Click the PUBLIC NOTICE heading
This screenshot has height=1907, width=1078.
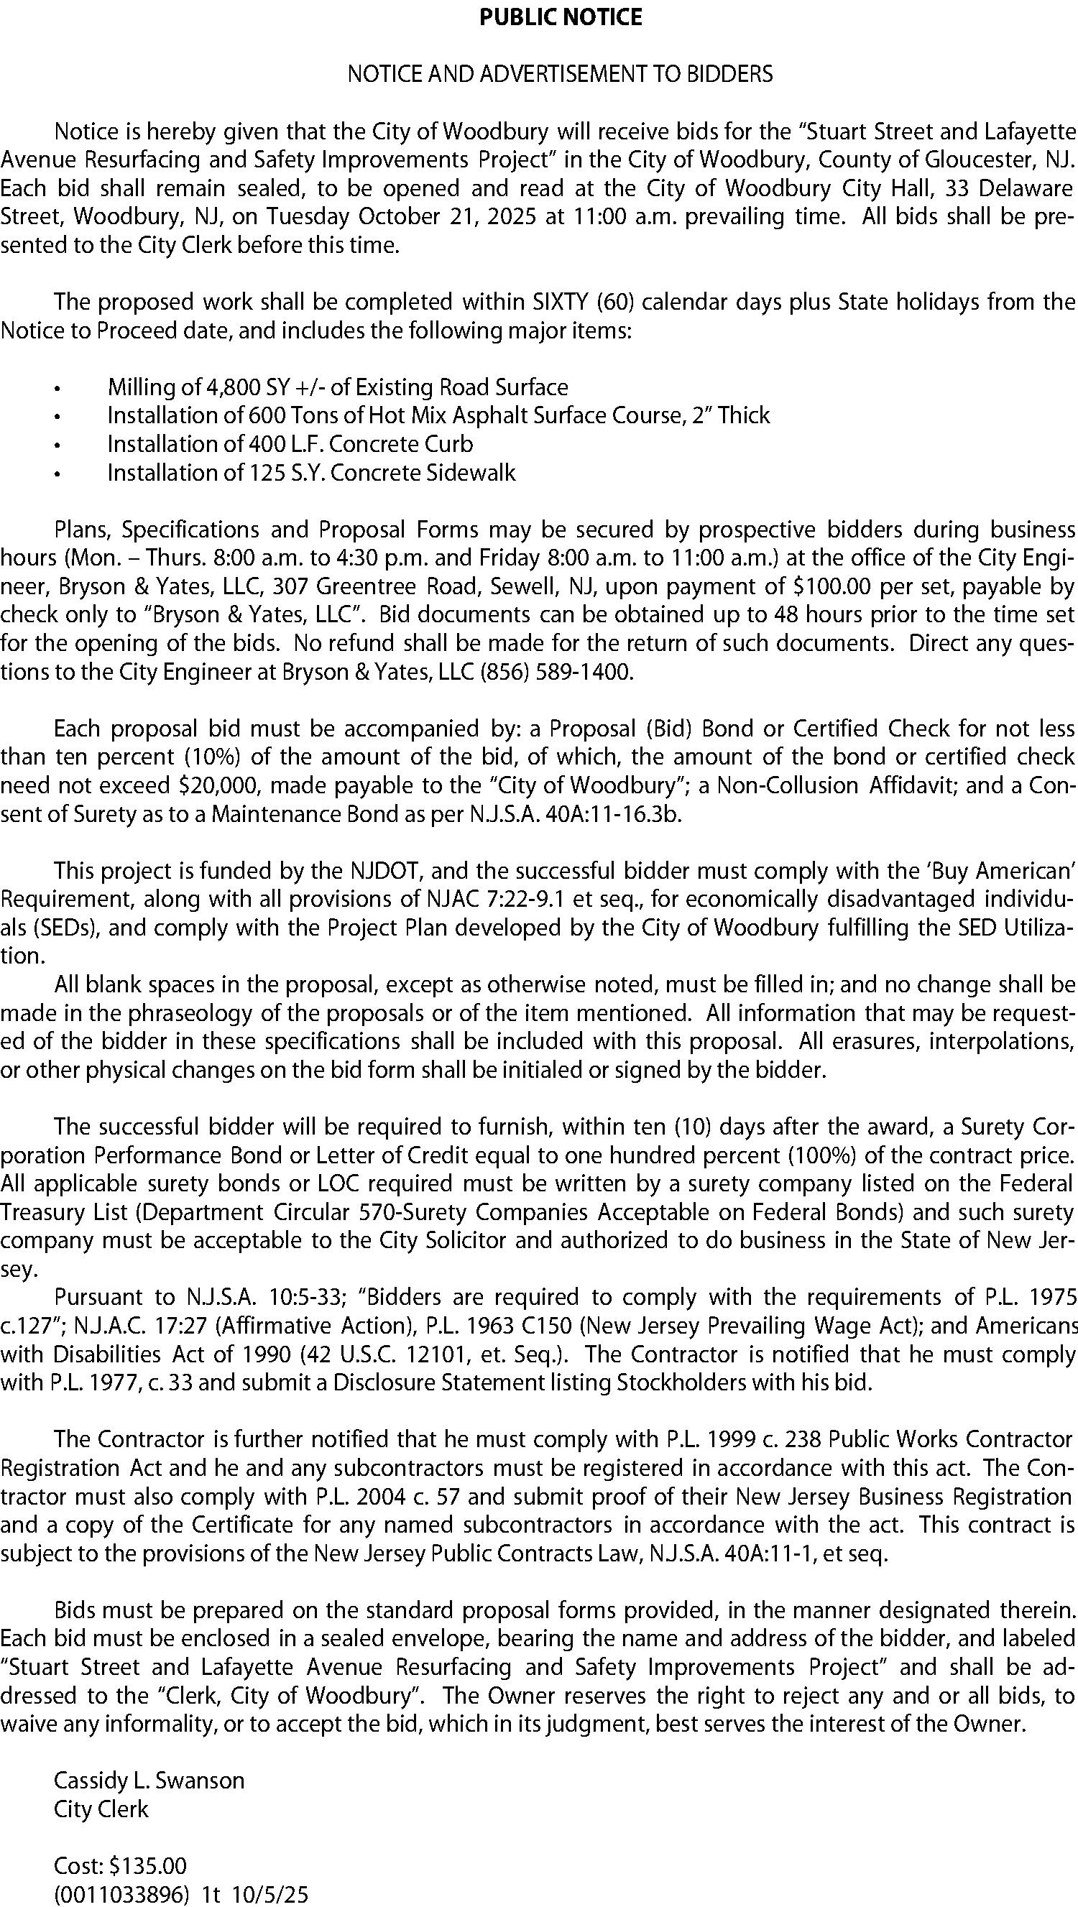(x=561, y=17)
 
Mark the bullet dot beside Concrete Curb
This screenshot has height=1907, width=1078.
(x=56, y=445)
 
